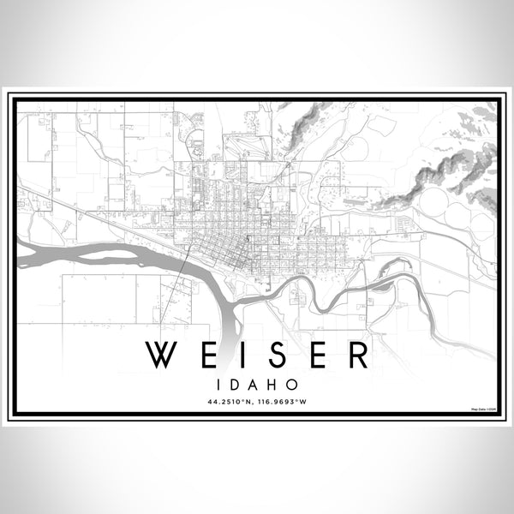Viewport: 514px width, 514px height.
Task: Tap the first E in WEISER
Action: point(209,355)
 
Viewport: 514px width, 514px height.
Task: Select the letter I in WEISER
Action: point(244,355)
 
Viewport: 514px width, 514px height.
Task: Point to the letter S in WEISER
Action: point(276,355)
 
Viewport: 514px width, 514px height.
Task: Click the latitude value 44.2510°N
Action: point(230,401)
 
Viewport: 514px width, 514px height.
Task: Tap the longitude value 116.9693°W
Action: point(284,401)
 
